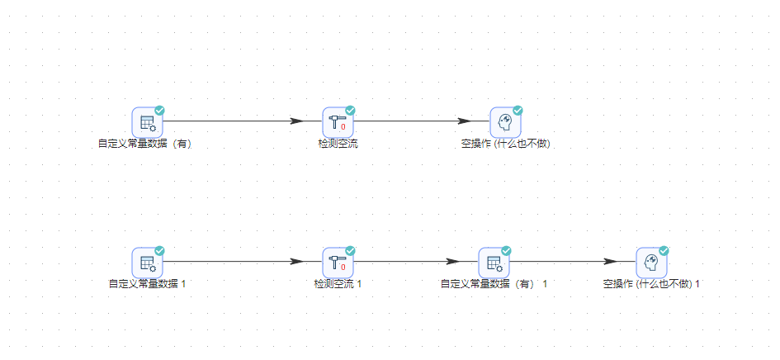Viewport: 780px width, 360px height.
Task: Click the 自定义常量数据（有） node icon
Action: (148, 122)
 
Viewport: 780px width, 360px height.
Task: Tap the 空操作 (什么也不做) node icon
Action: (505, 122)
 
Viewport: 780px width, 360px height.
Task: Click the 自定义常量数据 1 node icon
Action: (148, 263)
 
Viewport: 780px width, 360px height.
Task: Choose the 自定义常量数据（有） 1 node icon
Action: (494, 263)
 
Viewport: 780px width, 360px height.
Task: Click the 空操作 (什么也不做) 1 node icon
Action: (650, 263)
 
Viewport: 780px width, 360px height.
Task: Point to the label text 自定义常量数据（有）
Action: (145, 144)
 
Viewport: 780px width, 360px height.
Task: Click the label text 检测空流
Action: (338, 144)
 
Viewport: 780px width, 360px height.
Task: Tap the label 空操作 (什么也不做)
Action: (505, 144)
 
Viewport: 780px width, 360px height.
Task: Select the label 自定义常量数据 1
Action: (148, 284)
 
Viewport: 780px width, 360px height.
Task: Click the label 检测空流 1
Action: (338, 284)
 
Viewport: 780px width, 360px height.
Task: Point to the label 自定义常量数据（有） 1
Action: (494, 284)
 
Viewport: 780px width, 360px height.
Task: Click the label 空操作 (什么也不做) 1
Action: (651, 284)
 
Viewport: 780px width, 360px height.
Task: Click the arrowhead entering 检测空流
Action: (297, 121)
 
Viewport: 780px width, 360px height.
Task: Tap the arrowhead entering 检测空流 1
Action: (297, 262)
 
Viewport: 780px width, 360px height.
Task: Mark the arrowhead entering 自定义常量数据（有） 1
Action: (453, 262)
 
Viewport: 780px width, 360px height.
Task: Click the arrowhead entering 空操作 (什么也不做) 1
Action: (610, 262)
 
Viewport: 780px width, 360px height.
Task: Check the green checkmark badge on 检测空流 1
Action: (350, 250)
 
